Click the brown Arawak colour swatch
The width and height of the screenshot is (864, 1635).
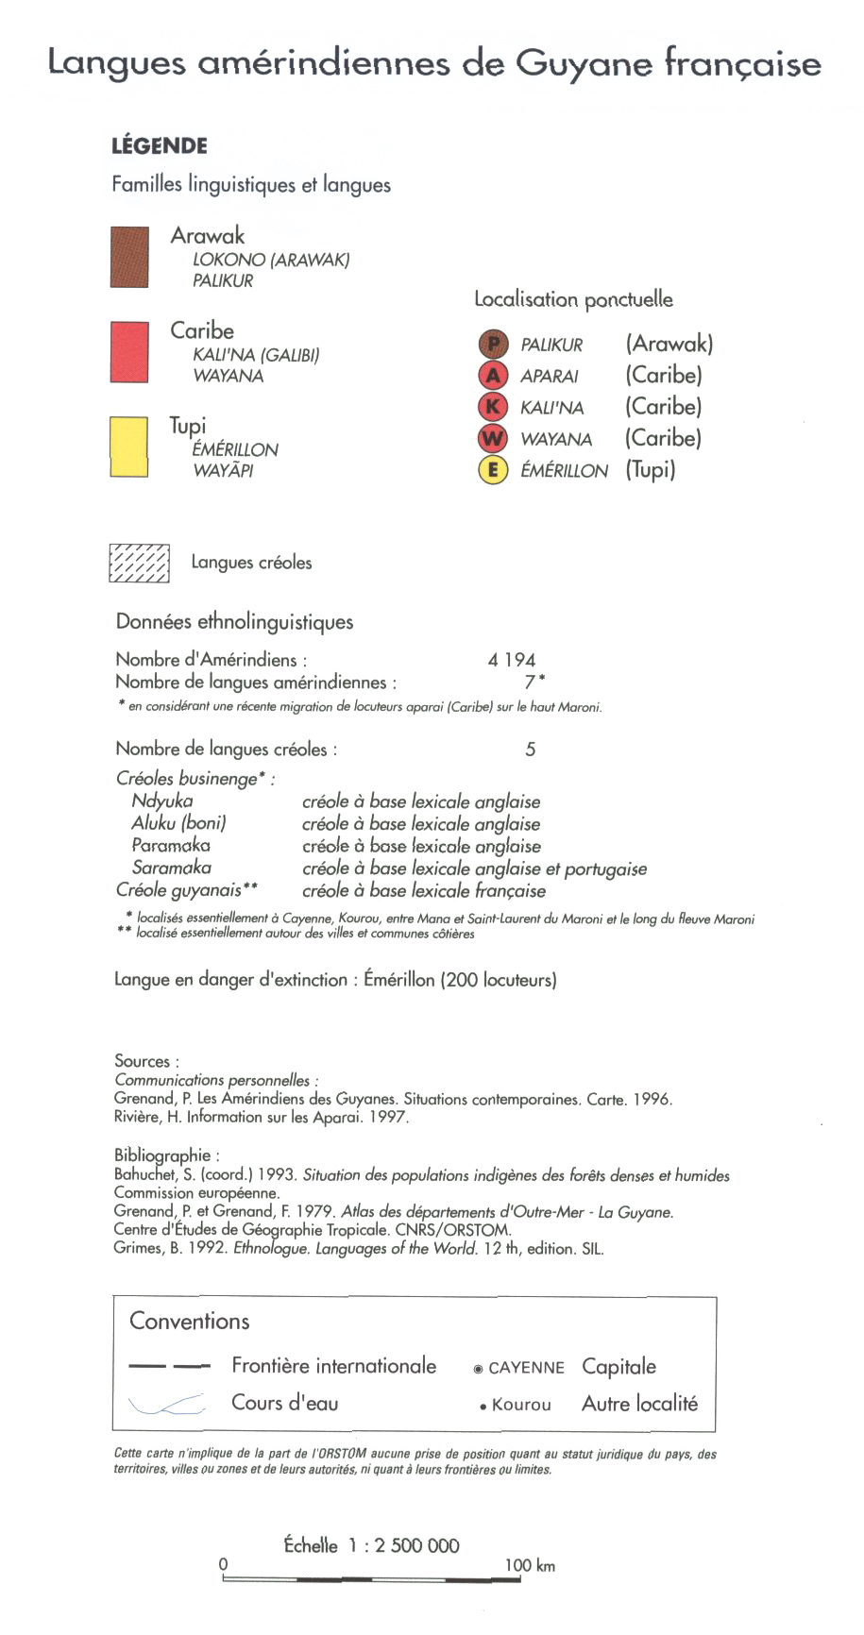(x=129, y=256)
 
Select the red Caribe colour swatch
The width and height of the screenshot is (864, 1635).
(x=129, y=352)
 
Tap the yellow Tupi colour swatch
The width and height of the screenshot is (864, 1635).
(x=129, y=447)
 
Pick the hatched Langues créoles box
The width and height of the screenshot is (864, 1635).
(x=139, y=564)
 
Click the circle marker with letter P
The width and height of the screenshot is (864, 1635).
(x=493, y=345)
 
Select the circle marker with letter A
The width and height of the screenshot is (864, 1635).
(x=493, y=376)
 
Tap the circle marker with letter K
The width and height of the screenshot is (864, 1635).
(x=493, y=407)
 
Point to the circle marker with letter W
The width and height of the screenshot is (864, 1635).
(x=493, y=438)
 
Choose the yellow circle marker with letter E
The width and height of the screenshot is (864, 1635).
(x=493, y=469)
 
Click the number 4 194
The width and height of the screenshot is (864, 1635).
(x=512, y=660)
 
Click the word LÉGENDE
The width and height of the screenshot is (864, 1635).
(x=160, y=146)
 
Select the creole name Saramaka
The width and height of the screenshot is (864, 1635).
(x=172, y=868)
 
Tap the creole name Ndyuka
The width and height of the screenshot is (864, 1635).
(x=162, y=801)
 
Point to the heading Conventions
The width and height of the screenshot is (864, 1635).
(x=190, y=1321)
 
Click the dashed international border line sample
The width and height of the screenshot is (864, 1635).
(x=169, y=1366)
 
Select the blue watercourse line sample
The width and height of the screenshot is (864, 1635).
(x=167, y=1405)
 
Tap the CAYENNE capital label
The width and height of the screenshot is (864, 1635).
(x=526, y=1368)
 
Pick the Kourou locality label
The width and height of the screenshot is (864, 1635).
(x=521, y=1405)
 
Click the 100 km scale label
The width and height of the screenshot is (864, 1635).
(x=529, y=1565)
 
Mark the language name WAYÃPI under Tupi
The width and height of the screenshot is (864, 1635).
(x=223, y=470)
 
